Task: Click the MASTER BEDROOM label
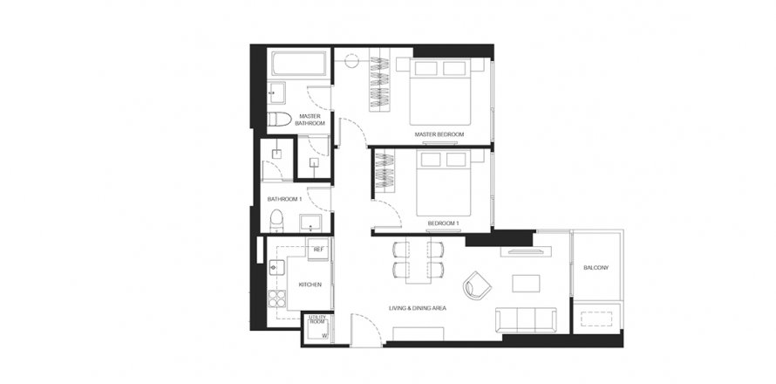439,134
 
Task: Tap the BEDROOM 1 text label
444,224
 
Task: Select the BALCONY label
596,268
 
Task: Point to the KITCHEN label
310,285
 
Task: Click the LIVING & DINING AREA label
418,308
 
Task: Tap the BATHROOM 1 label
284,199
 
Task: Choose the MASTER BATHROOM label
310,120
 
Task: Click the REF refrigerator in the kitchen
318,248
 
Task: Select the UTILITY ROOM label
317,319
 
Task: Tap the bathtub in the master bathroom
298,64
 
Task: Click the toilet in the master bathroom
279,119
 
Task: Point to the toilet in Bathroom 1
276,221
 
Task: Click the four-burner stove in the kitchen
277,298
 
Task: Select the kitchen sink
276,268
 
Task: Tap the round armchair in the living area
477,285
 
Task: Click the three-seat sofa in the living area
526,319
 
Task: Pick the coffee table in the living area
526,284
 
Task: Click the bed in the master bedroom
440,92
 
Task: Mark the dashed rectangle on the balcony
596,319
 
